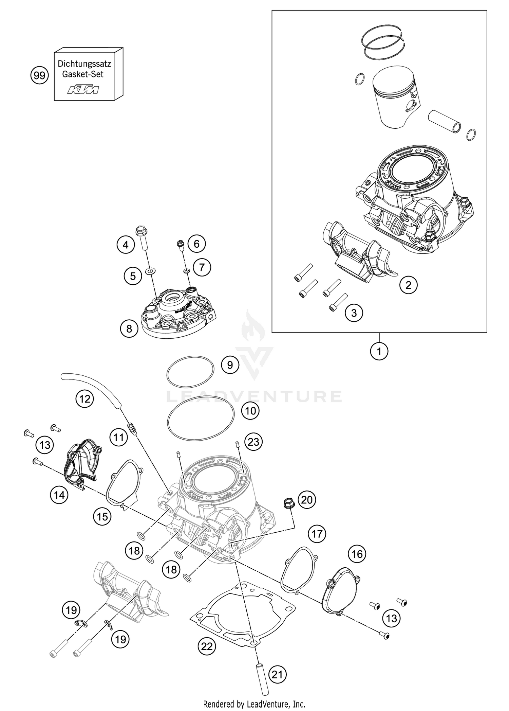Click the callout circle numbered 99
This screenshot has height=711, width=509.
(40, 75)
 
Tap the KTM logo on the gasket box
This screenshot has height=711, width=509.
(83, 90)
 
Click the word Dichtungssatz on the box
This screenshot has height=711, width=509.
(84, 64)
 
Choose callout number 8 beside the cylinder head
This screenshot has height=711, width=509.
(129, 328)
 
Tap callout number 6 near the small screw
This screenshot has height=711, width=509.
(197, 244)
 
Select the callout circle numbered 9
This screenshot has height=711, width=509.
(230, 365)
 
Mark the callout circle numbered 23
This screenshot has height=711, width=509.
(253, 442)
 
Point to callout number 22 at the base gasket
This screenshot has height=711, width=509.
(207, 646)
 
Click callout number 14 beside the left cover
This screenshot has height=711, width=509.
(59, 495)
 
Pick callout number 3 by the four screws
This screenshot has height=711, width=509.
(354, 313)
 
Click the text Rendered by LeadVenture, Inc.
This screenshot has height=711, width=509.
(254, 704)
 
